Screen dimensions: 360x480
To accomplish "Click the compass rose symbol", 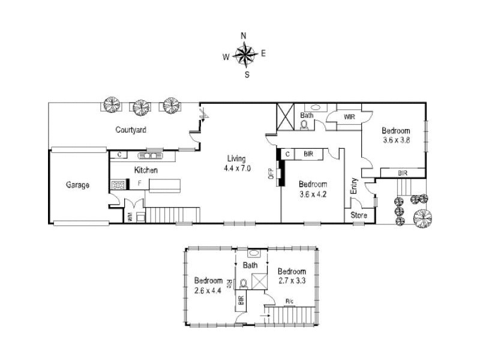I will pyautogui.click(x=244, y=55).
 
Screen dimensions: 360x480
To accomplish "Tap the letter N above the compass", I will pyautogui.click(x=244, y=35).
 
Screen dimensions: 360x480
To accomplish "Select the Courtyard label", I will pyautogui.click(x=131, y=130).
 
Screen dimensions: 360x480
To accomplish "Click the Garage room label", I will pyautogui.click(x=77, y=185).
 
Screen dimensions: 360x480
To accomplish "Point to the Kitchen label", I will pyautogui.click(x=146, y=170).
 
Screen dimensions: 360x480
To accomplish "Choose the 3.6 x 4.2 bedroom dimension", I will pyautogui.click(x=313, y=194).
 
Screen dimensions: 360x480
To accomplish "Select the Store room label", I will pyautogui.click(x=358, y=215).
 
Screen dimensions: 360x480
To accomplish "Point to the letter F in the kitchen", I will pyautogui.click(x=139, y=182).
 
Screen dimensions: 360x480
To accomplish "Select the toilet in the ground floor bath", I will pyautogui.click(x=304, y=125).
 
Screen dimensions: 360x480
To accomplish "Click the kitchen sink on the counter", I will pyautogui.click(x=151, y=156).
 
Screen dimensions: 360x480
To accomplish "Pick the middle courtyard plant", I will pyautogui.click(x=141, y=107).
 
